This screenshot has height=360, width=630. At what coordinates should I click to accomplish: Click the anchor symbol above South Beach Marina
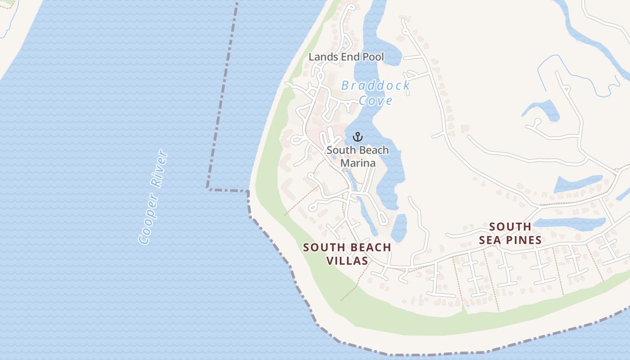(358, 137)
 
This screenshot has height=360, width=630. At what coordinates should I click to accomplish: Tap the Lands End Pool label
(346, 57)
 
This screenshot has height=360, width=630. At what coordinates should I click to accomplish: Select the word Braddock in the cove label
(375, 85)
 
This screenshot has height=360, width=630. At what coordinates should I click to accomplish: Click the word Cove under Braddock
(376, 100)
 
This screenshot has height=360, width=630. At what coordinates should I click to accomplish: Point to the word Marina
(358, 163)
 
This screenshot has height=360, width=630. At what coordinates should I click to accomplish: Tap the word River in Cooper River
(160, 169)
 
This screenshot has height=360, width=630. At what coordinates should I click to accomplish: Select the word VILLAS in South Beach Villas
(347, 261)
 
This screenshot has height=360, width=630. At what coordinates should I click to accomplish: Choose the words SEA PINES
(510, 240)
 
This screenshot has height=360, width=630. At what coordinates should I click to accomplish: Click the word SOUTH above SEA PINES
(510, 226)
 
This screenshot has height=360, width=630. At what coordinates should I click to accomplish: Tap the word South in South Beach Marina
(340, 150)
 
